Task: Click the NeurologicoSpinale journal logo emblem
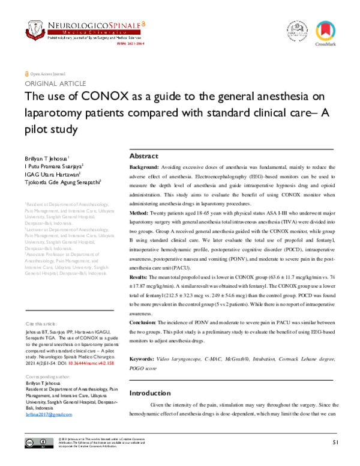coord(36,28)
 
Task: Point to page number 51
coord(335,442)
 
